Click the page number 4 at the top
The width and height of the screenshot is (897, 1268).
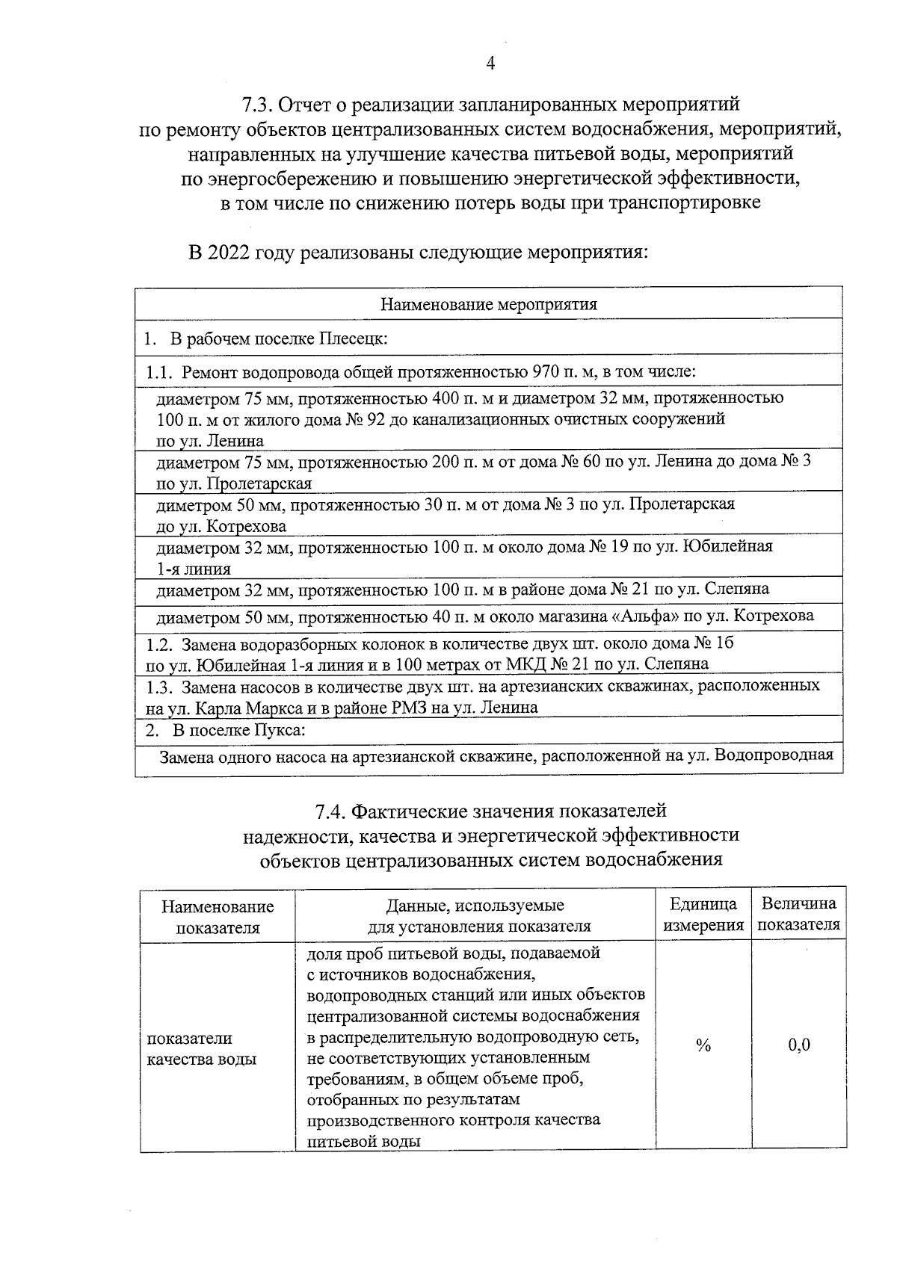pyautogui.click(x=490, y=64)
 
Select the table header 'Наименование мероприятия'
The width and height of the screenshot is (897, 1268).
pyautogui.click(x=489, y=305)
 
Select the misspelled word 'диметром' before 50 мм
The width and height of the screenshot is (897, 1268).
pyautogui.click(x=188, y=504)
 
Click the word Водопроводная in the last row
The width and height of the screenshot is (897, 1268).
pyautogui.click(x=774, y=755)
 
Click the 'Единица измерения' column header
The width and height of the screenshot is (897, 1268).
pyautogui.click(x=703, y=915)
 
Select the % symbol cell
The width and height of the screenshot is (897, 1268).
pyautogui.click(x=703, y=1045)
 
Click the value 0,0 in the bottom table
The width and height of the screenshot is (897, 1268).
pyautogui.click(x=799, y=1045)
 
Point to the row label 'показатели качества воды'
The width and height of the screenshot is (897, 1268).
pyautogui.click(x=201, y=1048)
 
